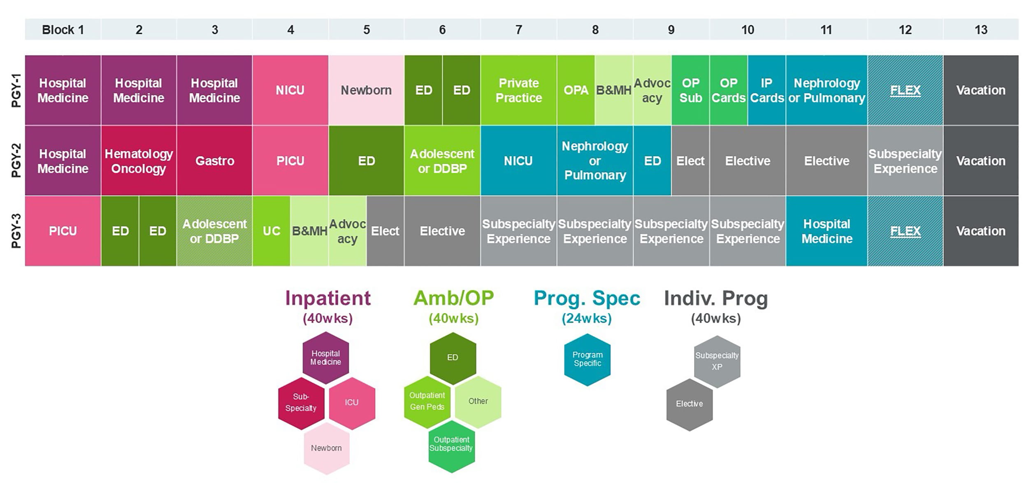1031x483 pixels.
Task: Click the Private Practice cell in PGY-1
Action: pyautogui.click(x=518, y=90)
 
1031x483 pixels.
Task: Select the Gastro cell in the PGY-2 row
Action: pyautogui.click(x=214, y=161)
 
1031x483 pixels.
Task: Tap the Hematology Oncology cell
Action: pyautogui.click(x=139, y=161)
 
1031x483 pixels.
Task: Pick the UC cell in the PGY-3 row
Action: pyautogui.click(x=271, y=231)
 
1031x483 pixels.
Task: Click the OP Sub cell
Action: pyautogui.click(x=690, y=90)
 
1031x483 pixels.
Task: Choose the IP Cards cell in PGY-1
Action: pyautogui.click(x=766, y=90)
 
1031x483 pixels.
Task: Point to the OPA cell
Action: pyautogui.click(x=576, y=90)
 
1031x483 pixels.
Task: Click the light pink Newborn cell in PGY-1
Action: pyautogui.click(x=366, y=90)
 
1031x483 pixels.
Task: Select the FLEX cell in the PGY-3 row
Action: pyautogui.click(x=905, y=231)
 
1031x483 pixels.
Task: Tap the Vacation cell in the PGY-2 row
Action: pyautogui.click(x=981, y=161)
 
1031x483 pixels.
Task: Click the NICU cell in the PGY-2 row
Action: pyautogui.click(x=518, y=161)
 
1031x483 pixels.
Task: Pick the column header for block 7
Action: pyautogui.click(x=518, y=30)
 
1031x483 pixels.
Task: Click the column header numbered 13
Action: pyautogui.click(x=981, y=30)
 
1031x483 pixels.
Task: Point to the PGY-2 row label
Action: pyautogui.click(x=16, y=161)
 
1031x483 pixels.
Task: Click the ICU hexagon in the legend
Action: pyautogui.click(x=352, y=402)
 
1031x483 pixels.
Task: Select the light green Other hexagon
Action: pyautogui.click(x=478, y=401)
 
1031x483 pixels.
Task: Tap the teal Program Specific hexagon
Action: pyautogui.click(x=587, y=359)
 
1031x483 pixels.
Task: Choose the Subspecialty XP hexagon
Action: pyautogui.click(x=717, y=361)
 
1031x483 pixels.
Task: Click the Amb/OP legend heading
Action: pyautogui.click(x=453, y=298)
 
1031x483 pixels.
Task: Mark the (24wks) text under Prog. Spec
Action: pyautogui.click(x=587, y=318)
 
